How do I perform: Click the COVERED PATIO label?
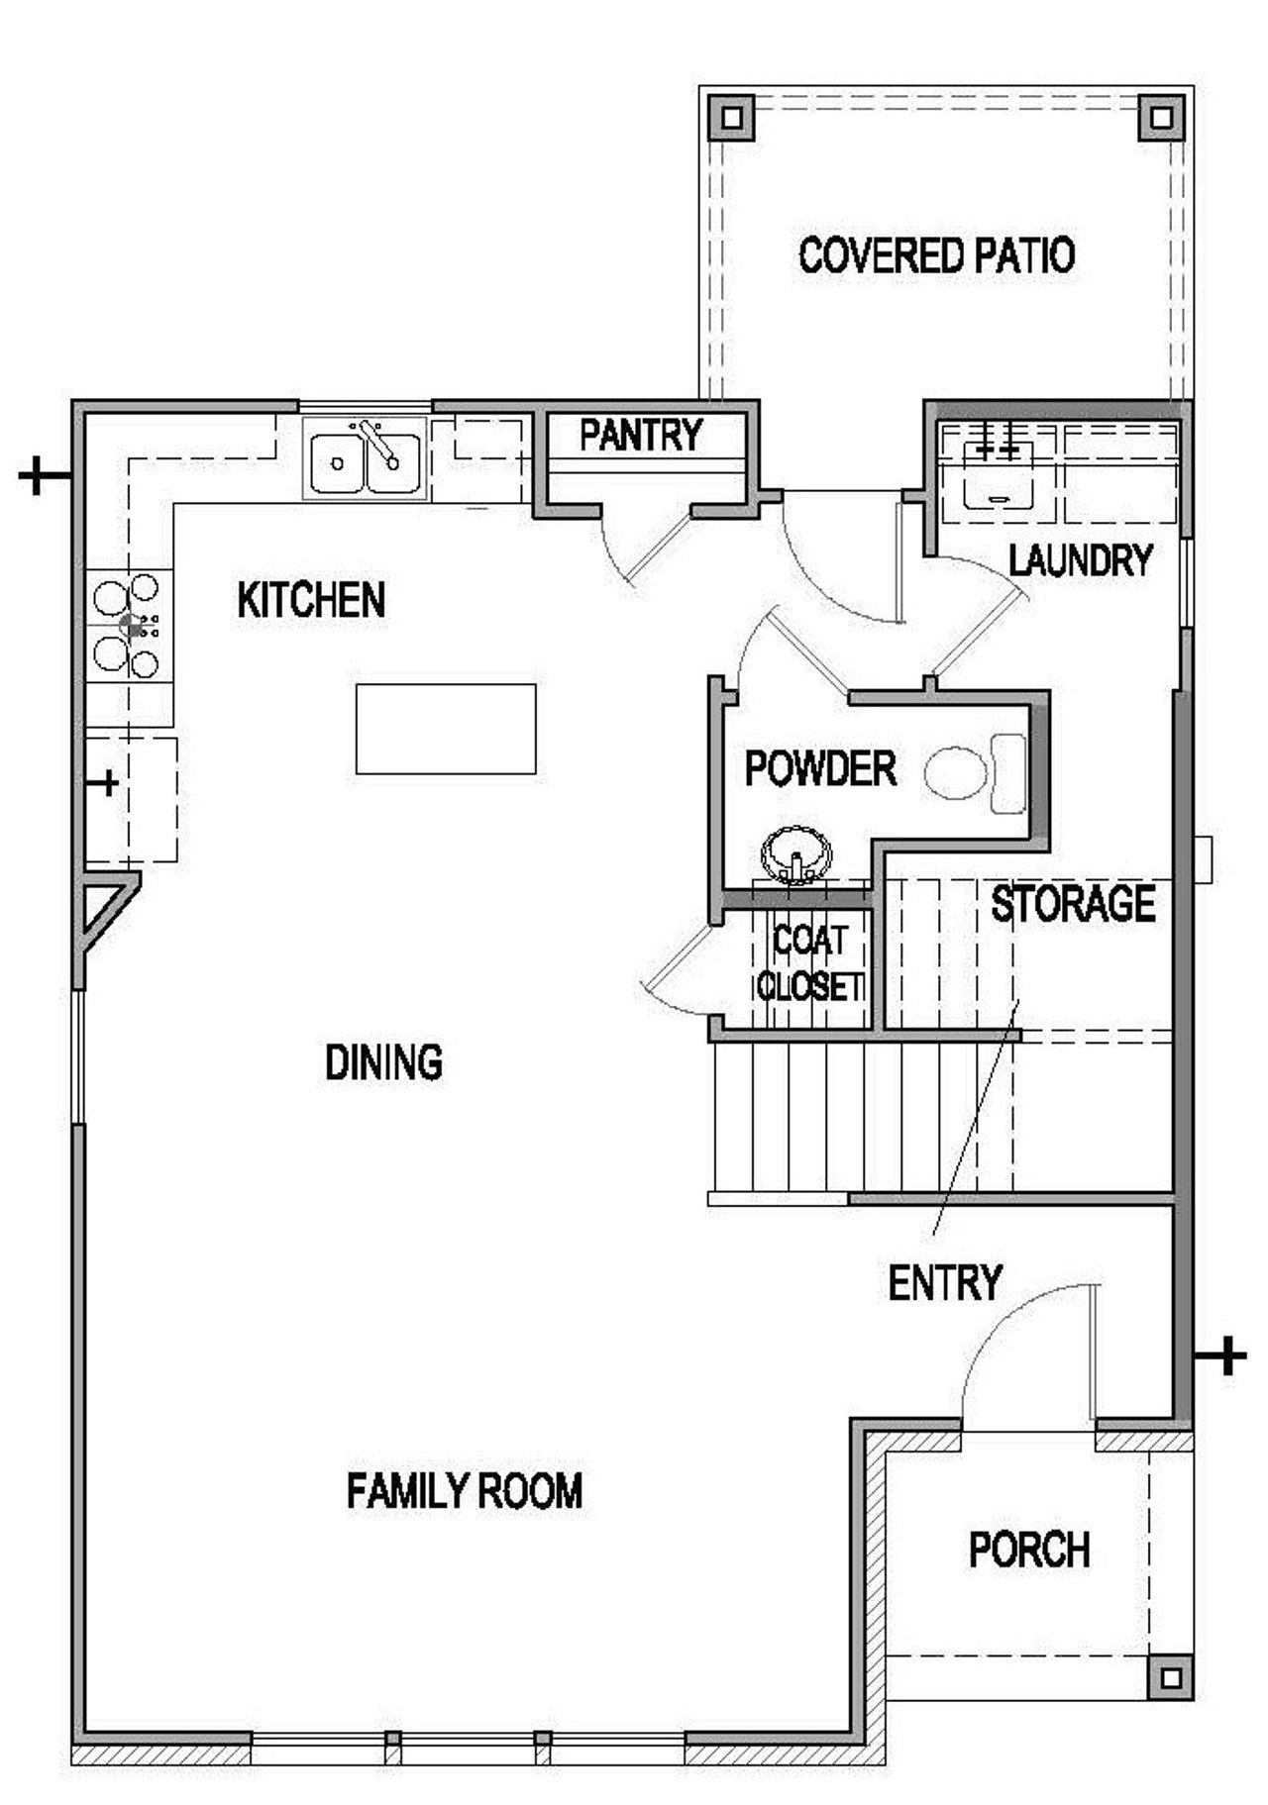(x=936, y=255)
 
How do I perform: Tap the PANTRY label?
(x=641, y=435)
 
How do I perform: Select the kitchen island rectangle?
(x=446, y=729)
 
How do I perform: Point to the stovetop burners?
(x=128, y=626)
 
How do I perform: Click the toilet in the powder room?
(x=976, y=772)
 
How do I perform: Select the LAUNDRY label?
(x=1080, y=560)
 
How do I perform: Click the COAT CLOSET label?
(x=809, y=963)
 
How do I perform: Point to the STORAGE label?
(x=1073, y=904)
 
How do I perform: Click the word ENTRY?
(x=945, y=1283)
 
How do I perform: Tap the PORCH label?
(x=1029, y=1551)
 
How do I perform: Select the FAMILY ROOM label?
(x=465, y=1491)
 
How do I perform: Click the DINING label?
(x=384, y=1062)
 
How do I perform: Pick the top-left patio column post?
(x=731, y=118)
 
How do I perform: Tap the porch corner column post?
(x=1171, y=1677)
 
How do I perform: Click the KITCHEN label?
(x=311, y=600)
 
